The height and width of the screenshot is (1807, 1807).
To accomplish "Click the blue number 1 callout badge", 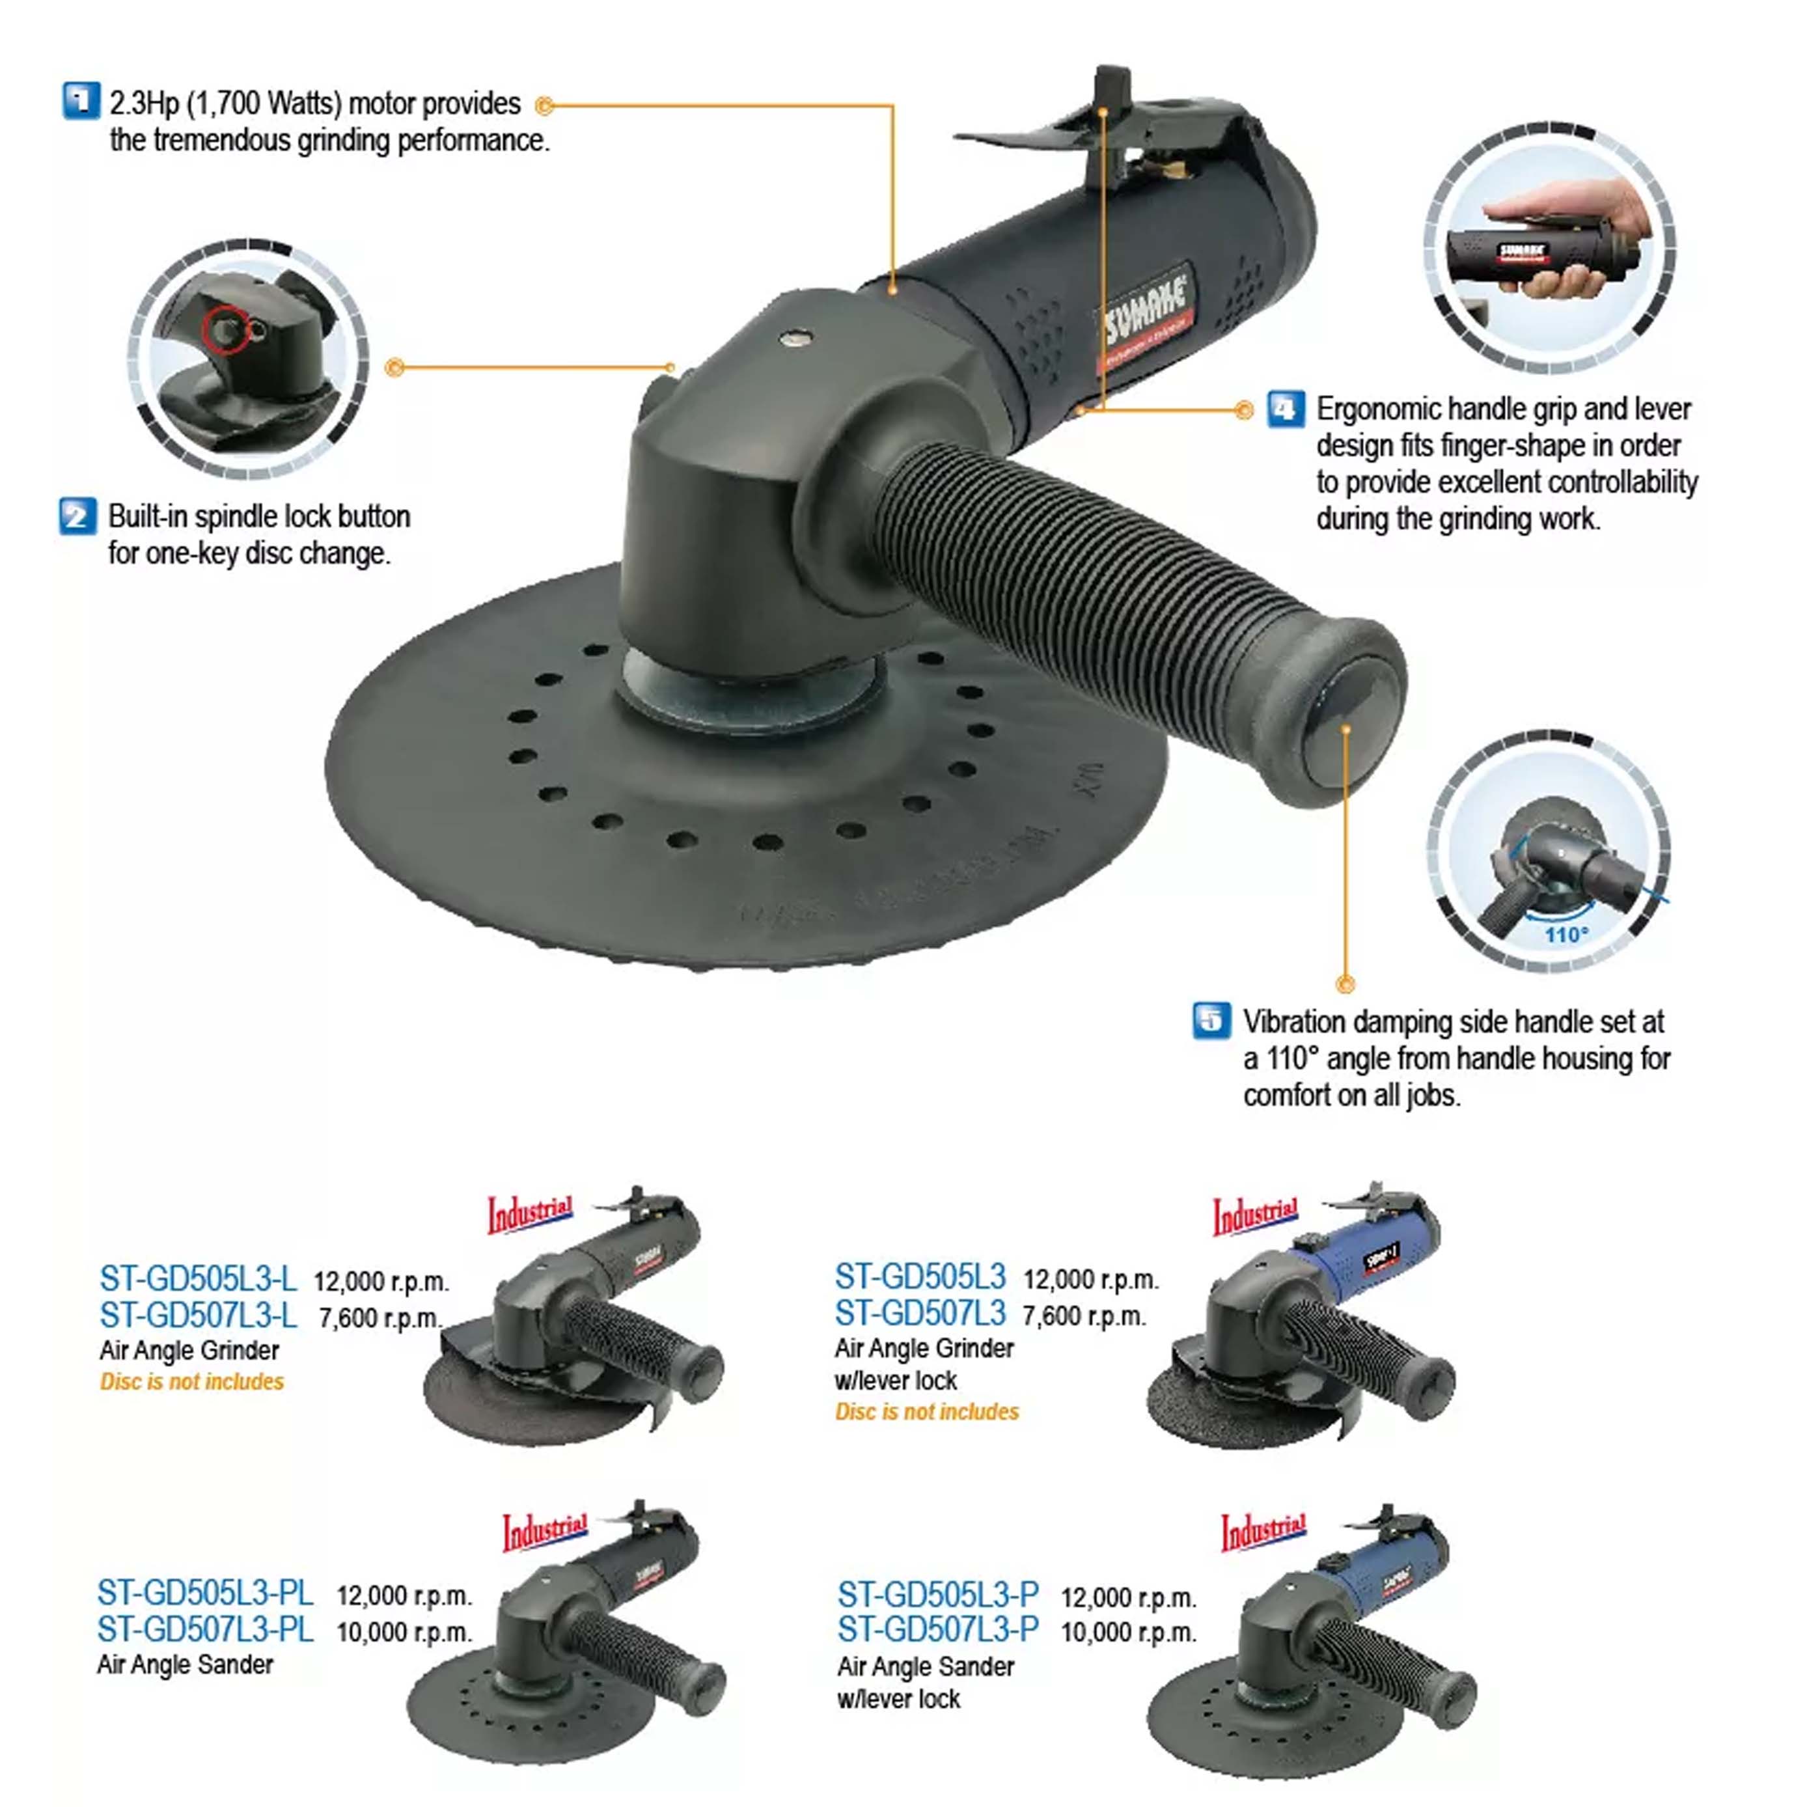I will tap(81, 100).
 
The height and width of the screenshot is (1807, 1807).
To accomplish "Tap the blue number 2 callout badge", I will tap(77, 516).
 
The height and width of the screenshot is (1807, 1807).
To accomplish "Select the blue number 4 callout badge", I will tap(1286, 409).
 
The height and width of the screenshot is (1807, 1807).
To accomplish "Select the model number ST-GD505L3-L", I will tap(197, 1278).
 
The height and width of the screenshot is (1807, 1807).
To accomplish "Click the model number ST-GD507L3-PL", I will tap(205, 1629).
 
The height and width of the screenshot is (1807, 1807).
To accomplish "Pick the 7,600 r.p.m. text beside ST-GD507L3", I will tap(1083, 1316).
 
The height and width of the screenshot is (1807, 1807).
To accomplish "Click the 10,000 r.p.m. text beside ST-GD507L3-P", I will tap(1128, 1632).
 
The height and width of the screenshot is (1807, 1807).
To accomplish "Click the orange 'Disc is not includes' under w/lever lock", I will tap(926, 1411).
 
